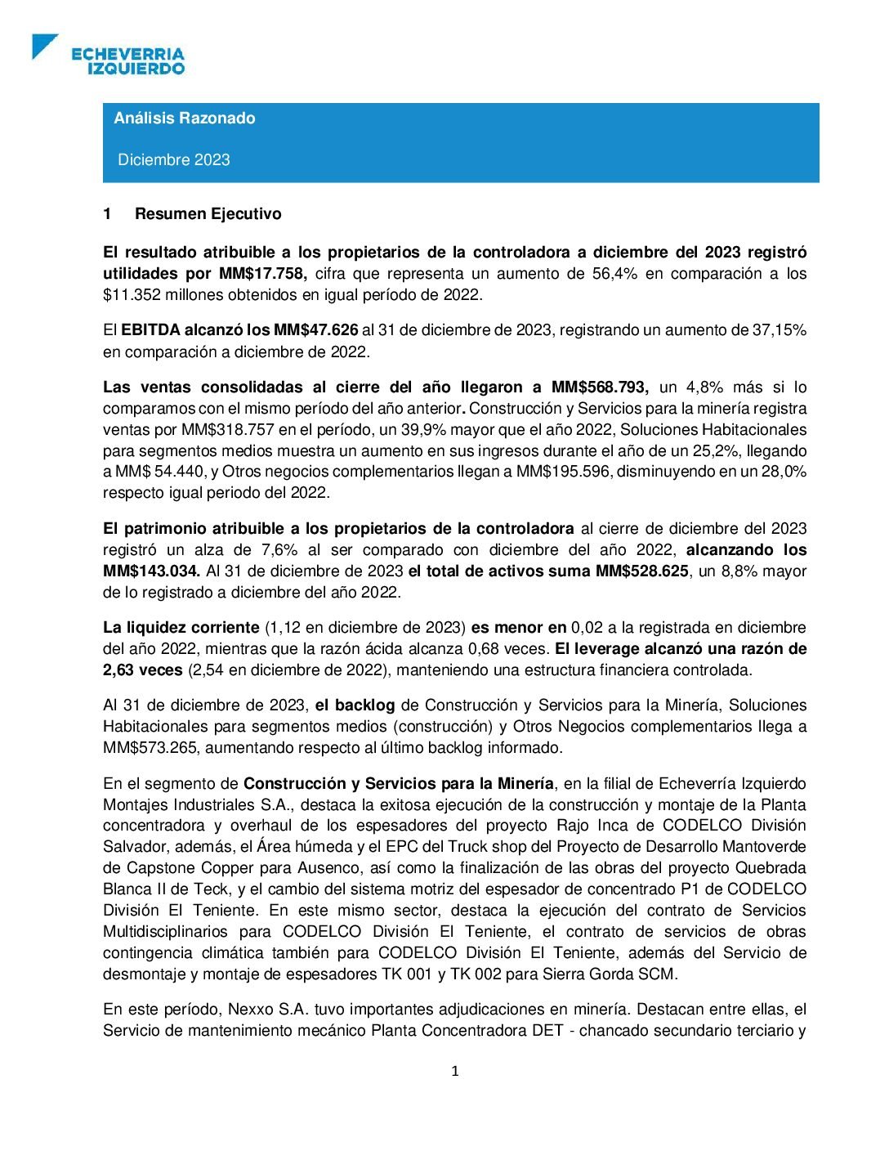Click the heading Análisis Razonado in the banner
point(185,118)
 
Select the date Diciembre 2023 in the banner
point(174,159)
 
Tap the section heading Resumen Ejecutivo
point(208,214)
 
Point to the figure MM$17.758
point(263,274)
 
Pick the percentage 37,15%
point(779,330)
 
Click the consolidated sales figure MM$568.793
point(600,387)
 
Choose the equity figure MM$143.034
point(151,571)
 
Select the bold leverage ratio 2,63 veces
point(142,670)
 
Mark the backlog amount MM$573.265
point(150,748)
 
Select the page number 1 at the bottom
point(455,1071)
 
